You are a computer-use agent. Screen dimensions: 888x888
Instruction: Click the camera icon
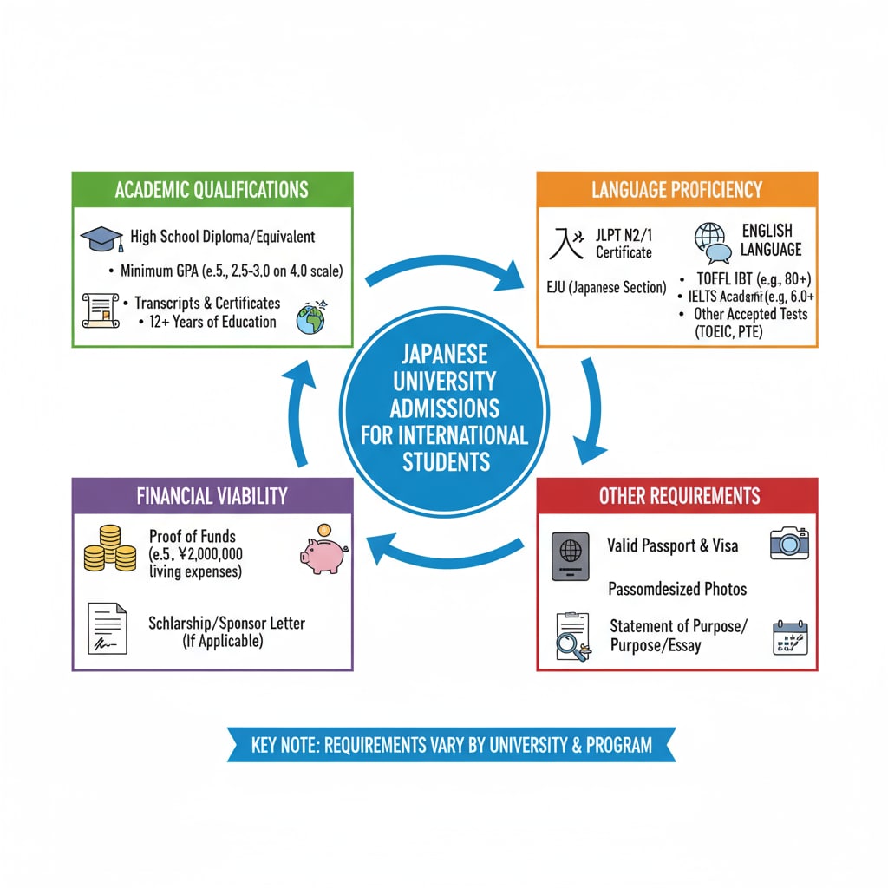(788, 543)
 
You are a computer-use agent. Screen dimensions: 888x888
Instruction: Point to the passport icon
(570, 556)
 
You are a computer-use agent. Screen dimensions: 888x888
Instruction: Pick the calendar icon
(789, 637)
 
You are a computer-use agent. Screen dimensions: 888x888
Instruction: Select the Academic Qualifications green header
(212, 189)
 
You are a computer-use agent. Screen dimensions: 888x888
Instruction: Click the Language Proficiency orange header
(676, 189)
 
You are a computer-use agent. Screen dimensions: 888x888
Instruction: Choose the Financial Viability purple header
(212, 496)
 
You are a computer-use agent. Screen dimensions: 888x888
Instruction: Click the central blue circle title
(444, 408)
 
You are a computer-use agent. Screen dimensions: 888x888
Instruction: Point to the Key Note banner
(451, 745)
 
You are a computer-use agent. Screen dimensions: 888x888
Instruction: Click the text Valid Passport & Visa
(672, 545)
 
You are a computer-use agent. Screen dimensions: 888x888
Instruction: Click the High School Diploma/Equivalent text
(223, 237)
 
